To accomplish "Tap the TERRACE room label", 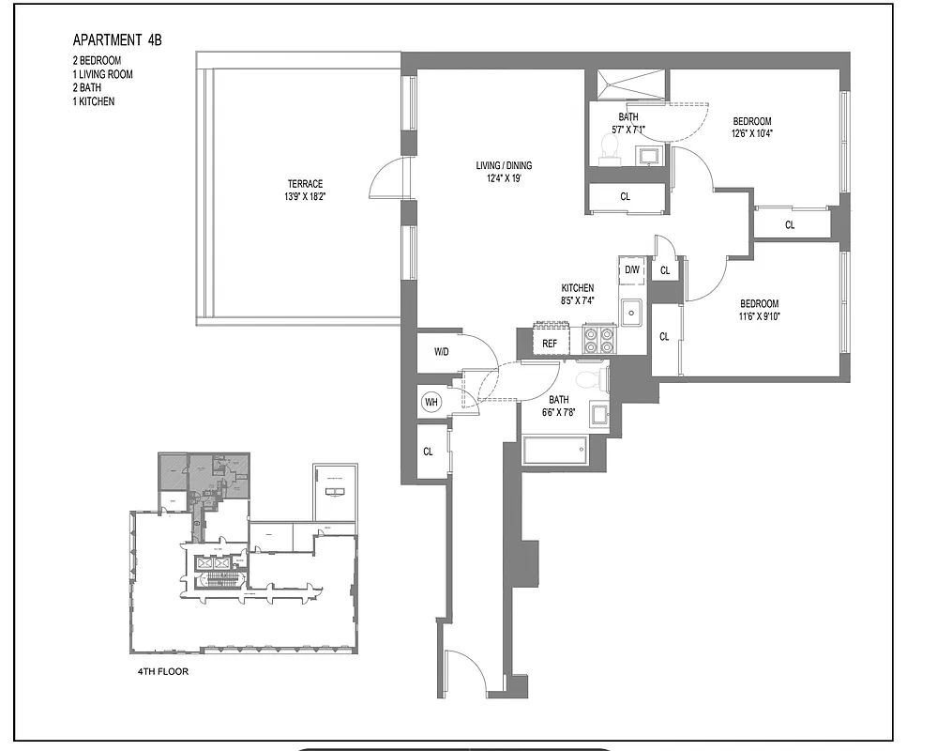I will point(306,184).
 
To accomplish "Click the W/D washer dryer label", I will point(441,352).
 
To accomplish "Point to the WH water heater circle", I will point(431,403).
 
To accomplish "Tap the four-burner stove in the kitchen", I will point(598,339).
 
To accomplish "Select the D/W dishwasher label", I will point(633,270).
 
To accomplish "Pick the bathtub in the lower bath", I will point(555,450).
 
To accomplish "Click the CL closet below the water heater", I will point(429,452).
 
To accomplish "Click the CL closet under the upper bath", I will point(626,197).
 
